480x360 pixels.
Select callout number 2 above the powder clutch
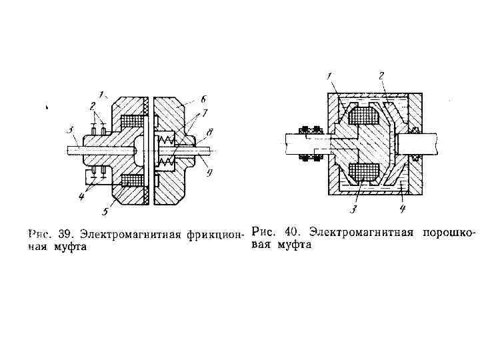point(381,75)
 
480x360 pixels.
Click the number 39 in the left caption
point(64,235)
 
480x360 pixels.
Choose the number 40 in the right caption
point(291,233)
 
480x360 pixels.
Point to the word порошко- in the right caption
point(450,233)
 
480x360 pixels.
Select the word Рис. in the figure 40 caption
point(263,233)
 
